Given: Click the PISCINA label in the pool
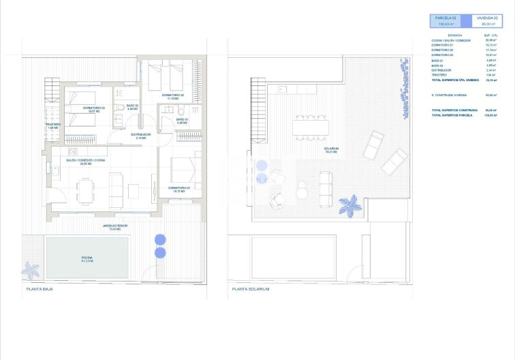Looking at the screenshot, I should pyautogui.click(x=87, y=258).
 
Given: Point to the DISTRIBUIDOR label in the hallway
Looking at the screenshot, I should pyautogui.click(x=141, y=136).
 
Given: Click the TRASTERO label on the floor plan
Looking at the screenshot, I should pyautogui.click(x=54, y=125).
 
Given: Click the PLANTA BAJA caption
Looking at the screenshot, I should pyautogui.click(x=40, y=289).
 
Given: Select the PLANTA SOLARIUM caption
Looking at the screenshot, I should pyautogui.click(x=251, y=289).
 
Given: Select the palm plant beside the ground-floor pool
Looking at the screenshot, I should pyautogui.click(x=31, y=270).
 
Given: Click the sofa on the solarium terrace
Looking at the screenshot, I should pyautogui.click(x=326, y=183).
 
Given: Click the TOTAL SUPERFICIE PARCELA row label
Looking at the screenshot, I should pyautogui.click(x=452, y=115).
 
